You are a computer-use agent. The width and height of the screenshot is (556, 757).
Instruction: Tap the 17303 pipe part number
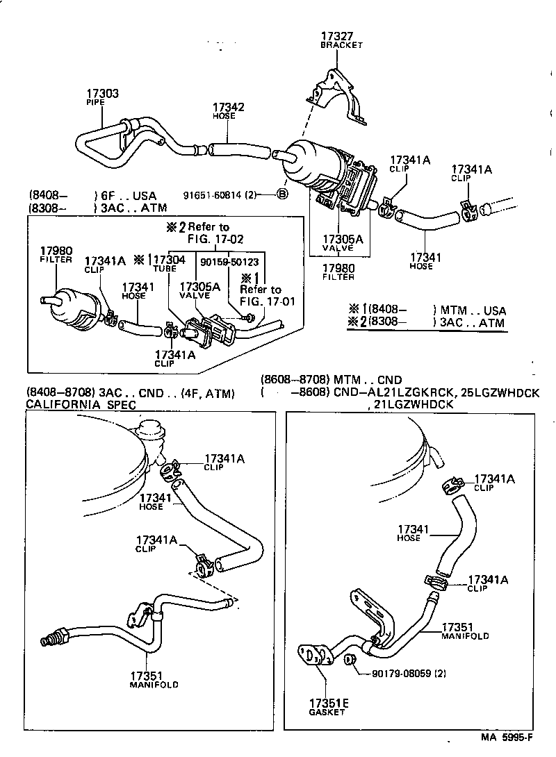[102, 93]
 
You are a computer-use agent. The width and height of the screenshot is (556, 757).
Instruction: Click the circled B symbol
[282, 194]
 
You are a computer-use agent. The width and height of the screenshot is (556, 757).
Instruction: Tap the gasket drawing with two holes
[312, 656]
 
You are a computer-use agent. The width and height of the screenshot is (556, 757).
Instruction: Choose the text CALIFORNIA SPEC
[81, 404]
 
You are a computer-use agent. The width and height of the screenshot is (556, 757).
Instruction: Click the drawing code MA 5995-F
[507, 738]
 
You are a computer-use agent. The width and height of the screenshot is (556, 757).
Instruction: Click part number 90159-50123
[229, 262]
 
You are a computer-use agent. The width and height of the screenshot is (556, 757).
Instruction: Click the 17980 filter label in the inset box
[56, 251]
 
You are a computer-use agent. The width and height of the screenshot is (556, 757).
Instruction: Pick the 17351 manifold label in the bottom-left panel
[147, 674]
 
